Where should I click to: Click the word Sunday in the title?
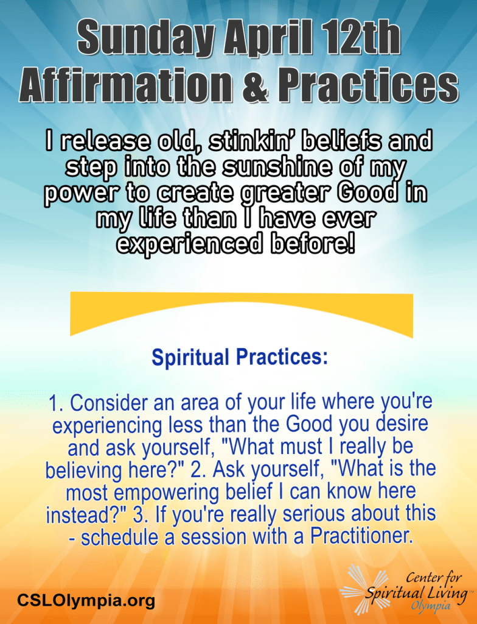pyautogui.click(x=147, y=40)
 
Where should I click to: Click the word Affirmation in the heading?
pyautogui.click(x=125, y=84)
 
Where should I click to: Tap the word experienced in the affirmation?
pyautogui.click(x=191, y=244)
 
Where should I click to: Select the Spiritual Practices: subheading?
pyautogui.click(x=240, y=357)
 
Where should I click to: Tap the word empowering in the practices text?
pyautogui.click(x=167, y=492)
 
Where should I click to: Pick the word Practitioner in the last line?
pyautogui.click(x=360, y=536)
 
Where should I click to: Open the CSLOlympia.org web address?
pyautogui.click(x=86, y=600)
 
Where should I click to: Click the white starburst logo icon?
pyautogui.click(x=363, y=588)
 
